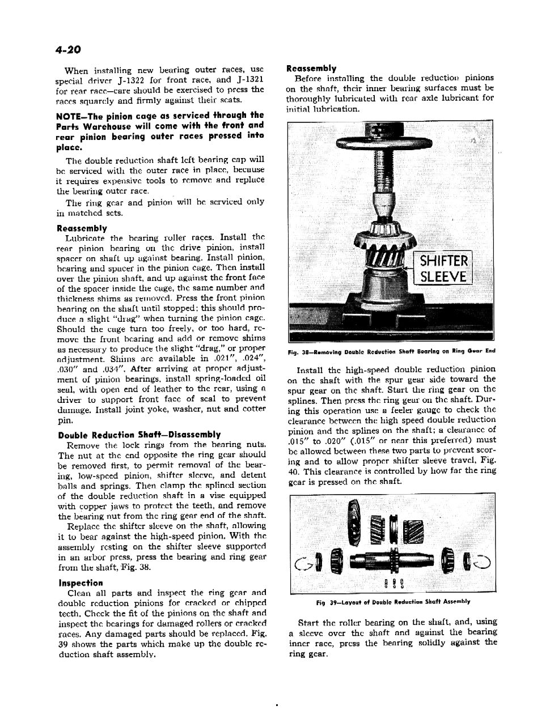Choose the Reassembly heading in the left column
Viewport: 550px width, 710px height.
82,228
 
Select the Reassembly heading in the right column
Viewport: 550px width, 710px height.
311,68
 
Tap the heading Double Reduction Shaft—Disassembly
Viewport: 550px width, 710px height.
139,435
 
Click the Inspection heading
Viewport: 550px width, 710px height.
81,583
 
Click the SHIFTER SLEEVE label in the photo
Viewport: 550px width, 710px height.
443,269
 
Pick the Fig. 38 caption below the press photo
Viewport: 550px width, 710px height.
391,351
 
